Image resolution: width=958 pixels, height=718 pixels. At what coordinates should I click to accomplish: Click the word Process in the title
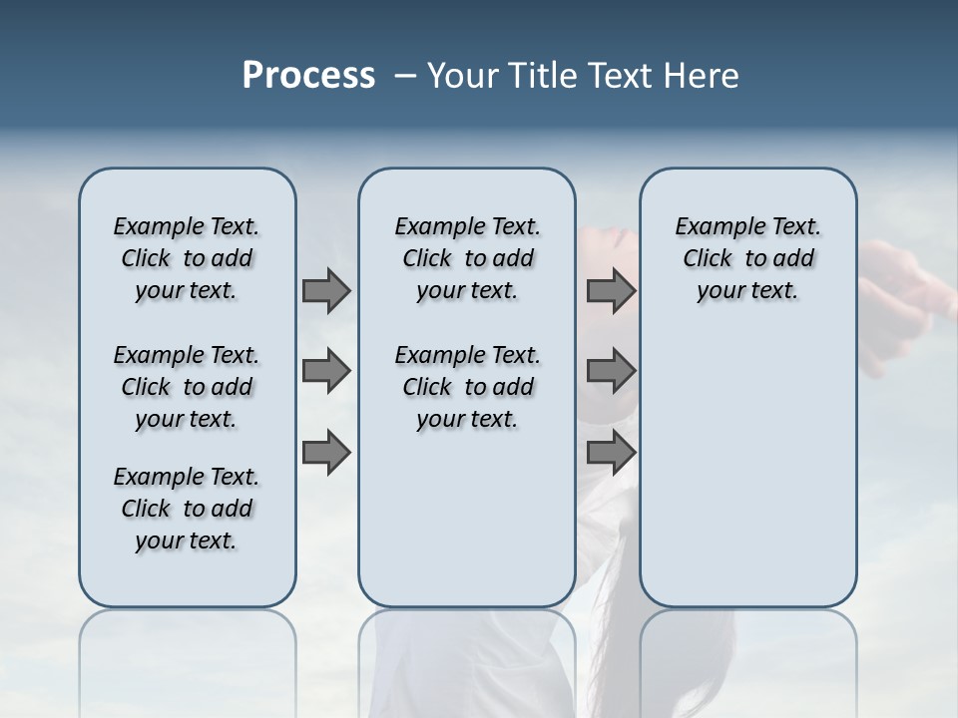click(308, 76)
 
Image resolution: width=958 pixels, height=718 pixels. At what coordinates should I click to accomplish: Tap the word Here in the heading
click(703, 76)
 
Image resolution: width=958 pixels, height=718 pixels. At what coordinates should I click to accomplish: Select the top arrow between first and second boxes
click(326, 290)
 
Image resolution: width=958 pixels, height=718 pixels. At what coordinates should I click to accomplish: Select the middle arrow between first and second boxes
click(326, 371)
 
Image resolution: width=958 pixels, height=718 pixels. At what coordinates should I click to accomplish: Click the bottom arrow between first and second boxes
click(326, 452)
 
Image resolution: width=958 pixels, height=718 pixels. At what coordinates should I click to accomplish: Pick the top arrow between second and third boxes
click(611, 290)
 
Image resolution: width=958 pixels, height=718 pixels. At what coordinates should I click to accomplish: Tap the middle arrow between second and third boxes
click(611, 371)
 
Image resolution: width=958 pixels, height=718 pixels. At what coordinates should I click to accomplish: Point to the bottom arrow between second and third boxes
click(611, 452)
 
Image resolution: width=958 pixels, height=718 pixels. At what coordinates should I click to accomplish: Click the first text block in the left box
click(187, 258)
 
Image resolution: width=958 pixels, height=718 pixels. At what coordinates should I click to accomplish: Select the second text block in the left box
click(187, 387)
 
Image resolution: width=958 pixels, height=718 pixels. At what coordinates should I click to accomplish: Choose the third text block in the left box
click(187, 509)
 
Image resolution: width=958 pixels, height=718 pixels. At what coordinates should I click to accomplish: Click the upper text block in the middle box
click(467, 258)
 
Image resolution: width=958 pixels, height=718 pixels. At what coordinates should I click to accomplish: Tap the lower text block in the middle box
click(467, 387)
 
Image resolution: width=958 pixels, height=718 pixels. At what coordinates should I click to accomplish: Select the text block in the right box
click(748, 258)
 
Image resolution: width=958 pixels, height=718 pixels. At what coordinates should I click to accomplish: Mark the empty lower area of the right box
click(748, 469)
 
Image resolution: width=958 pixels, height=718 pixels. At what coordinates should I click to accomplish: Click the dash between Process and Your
click(405, 76)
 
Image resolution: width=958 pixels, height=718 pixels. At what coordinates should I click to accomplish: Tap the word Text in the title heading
click(620, 76)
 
